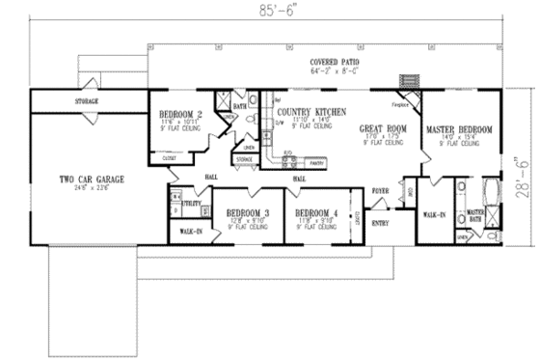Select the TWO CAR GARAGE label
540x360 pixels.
click(x=79, y=179)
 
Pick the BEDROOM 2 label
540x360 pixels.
click(x=179, y=114)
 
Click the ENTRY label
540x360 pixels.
click(x=380, y=224)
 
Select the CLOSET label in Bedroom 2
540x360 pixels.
click(x=168, y=156)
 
